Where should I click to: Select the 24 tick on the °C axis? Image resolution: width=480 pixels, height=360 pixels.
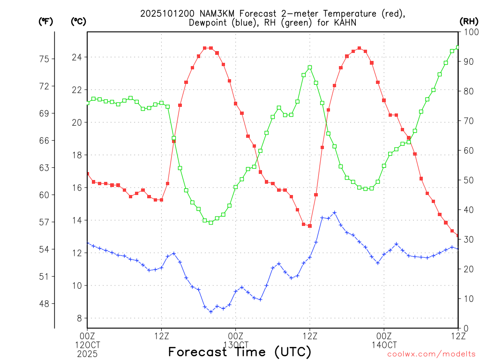(77, 58)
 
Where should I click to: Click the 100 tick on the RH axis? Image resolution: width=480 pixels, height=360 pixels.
(469, 32)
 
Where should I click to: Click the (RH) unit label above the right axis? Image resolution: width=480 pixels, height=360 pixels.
(468, 21)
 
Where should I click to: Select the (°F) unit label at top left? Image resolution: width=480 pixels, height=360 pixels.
(45, 21)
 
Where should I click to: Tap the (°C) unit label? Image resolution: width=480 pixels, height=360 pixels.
(78, 21)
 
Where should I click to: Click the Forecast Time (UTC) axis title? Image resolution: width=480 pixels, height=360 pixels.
(240, 352)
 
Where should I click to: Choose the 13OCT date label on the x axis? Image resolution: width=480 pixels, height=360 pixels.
(236, 345)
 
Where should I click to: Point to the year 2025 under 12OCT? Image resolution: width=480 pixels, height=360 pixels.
(87, 353)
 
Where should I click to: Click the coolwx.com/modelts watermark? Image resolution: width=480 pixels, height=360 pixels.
(431, 354)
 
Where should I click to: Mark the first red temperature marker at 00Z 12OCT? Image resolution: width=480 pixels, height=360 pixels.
(88, 174)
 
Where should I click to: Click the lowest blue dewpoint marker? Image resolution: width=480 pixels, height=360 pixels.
(211, 312)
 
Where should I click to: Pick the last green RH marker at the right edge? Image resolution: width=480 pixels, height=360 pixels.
(457, 47)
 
